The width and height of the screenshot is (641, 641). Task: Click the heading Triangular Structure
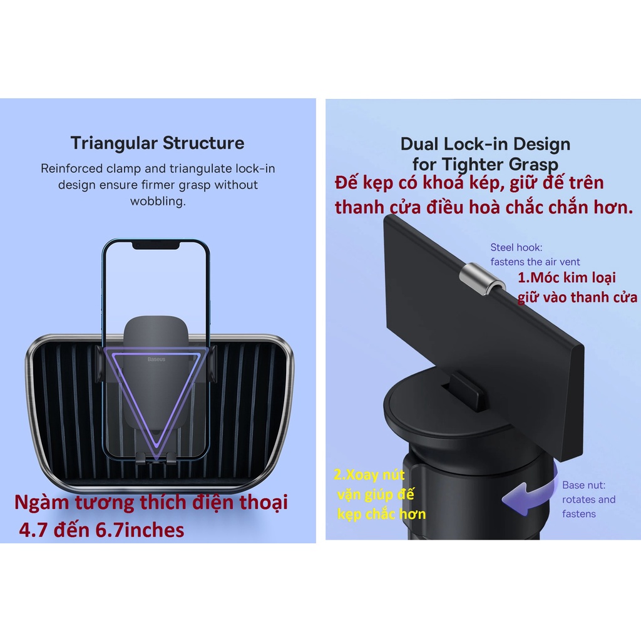(x=157, y=143)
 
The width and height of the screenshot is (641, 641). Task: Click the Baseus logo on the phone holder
(x=156, y=359)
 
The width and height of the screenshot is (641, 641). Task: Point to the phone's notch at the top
(x=156, y=244)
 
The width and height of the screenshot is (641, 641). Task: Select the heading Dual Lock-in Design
(x=485, y=144)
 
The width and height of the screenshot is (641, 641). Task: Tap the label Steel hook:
(x=516, y=247)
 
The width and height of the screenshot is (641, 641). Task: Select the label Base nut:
(x=583, y=485)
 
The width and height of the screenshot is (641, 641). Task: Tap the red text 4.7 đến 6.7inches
(x=102, y=530)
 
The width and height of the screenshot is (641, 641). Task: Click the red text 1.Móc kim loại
(x=567, y=278)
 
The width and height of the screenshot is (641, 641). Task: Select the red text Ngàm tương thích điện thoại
(x=151, y=502)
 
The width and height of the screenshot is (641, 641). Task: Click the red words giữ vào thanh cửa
(x=577, y=297)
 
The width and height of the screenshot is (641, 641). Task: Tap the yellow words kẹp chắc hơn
(x=381, y=515)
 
